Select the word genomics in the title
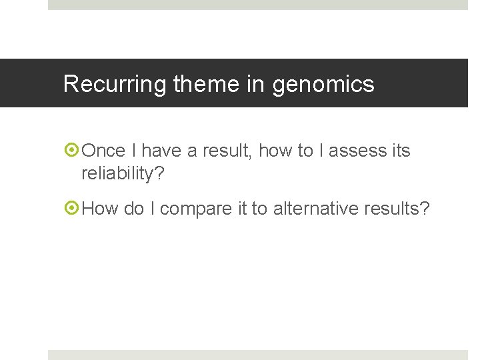[x=323, y=85]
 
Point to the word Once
[x=103, y=151]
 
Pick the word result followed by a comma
[x=227, y=151]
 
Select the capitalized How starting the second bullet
[x=100, y=209]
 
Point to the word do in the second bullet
[x=134, y=209]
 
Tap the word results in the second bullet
[x=397, y=209]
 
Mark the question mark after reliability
[x=159, y=174]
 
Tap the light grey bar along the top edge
[x=258, y=5]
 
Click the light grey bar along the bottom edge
[x=258, y=355]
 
